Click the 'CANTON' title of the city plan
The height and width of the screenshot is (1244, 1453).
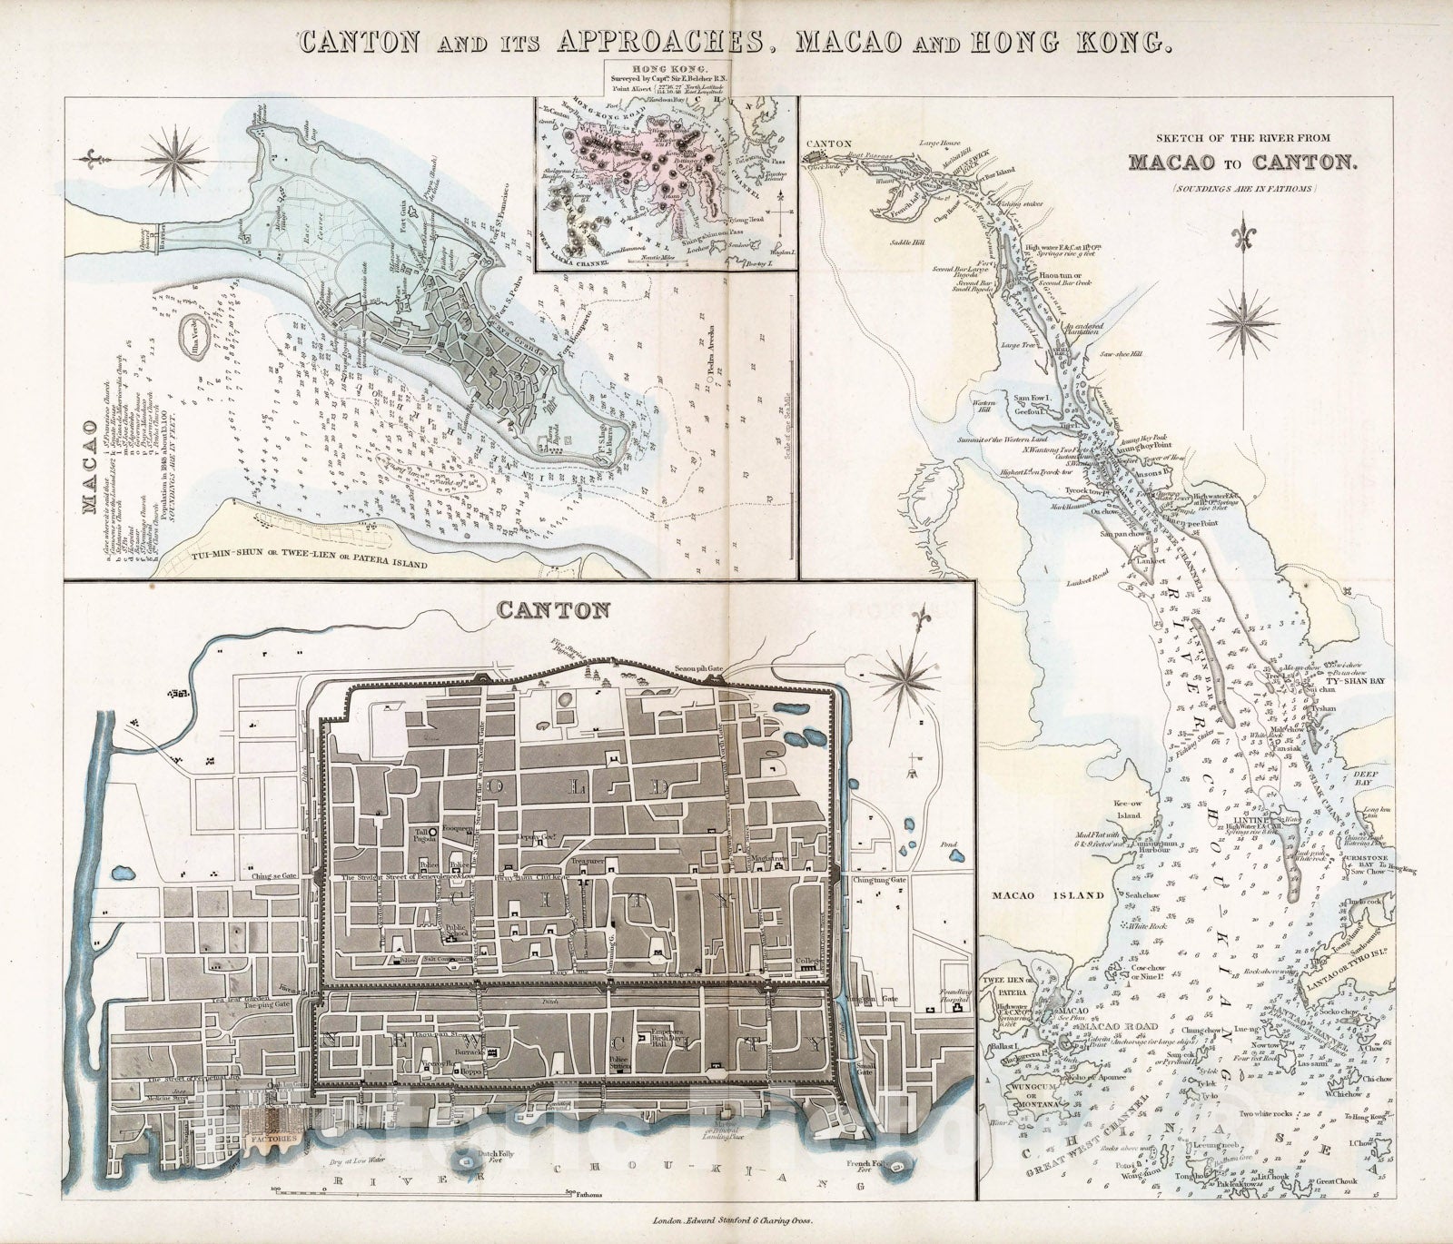[551, 609]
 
